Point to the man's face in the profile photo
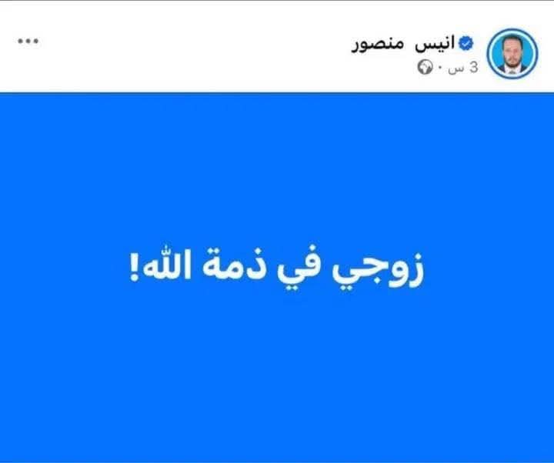click(513, 48)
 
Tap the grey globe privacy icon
click(426, 68)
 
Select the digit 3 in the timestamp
click(473, 68)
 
